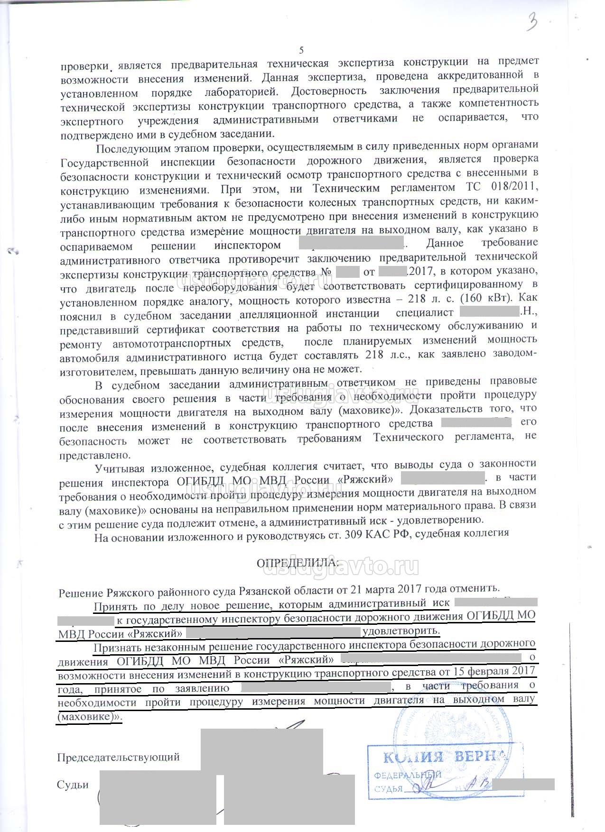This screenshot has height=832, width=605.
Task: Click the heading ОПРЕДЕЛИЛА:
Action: [x=298, y=563]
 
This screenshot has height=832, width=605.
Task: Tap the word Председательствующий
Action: [x=118, y=757]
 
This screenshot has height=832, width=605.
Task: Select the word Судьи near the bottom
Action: [x=73, y=785]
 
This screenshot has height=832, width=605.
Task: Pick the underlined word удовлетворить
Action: [x=401, y=631]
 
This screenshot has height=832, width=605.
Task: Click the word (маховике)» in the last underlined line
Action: [x=89, y=717]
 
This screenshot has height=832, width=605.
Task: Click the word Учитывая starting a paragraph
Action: [x=120, y=469]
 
